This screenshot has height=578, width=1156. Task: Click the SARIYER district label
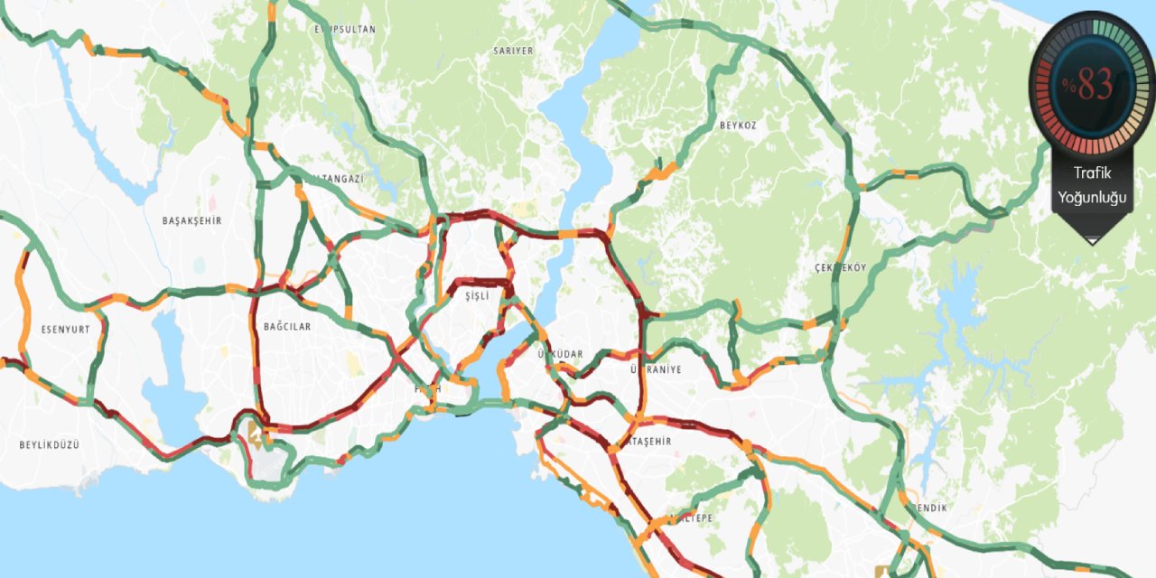click(513, 51)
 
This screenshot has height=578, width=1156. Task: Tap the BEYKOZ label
click(738, 125)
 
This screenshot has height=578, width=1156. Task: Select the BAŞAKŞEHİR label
click(191, 220)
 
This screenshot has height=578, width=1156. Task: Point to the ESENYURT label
click(66, 329)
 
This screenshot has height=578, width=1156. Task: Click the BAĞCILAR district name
click(286, 326)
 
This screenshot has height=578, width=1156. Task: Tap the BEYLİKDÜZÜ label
click(50, 444)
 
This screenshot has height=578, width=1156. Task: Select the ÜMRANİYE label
click(657, 369)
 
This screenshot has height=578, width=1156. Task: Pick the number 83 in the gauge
click(1095, 85)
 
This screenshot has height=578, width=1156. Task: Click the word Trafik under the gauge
click(1092, 173)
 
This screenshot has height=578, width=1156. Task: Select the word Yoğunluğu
click(1093, 197)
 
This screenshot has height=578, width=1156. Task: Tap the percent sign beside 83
click(1068, 86)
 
